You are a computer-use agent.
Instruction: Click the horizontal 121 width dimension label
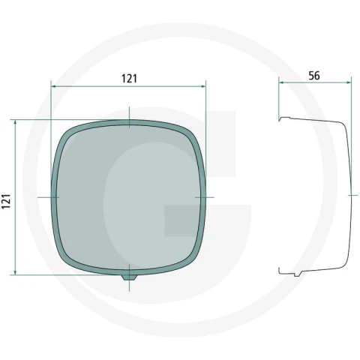(x=129, y=79)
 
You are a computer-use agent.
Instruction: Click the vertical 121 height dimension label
(x=6, y=201)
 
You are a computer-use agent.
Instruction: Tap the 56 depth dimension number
(x=314, y=76)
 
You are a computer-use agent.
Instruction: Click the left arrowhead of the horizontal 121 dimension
(x=54, y=86)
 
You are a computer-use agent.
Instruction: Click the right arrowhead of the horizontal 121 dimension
(x=202, y=86)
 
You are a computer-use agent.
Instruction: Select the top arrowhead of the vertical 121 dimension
(x=15, y=122)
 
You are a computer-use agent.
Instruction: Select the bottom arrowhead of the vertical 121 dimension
(x=15, y=272)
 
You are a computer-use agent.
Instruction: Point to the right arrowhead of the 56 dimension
(x=348, y=82)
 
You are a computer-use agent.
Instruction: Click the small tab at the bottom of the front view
(x=129, y=277)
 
